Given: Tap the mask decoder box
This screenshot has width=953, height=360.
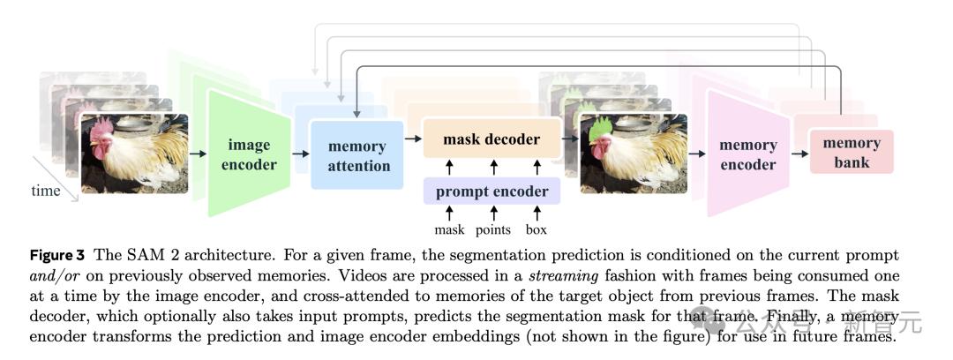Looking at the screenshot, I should pyautogui.click(x=492, y=139).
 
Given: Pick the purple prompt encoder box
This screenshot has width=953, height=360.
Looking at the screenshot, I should pyautogui.click(x=492, y=191).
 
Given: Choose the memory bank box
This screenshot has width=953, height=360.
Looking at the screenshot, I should pyautogui.click(x=851, y=152).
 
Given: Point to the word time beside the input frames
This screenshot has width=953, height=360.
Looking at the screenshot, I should pyautogui.click(x=46, y=190).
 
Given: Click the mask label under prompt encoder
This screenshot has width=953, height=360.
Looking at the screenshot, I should pyautogui.click(x=449, y=230).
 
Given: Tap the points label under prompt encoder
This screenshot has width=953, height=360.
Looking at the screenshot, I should pyautogui.click(x=493, y=230).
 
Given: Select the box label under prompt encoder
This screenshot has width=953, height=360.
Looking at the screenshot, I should pyautogui.click(x=536, y=230).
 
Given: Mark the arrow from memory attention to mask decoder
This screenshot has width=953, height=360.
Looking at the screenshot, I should pyautogui.click(x=412, y=139).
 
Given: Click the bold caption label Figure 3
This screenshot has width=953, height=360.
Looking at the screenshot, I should pyautogui.click(x=57, y=256).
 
